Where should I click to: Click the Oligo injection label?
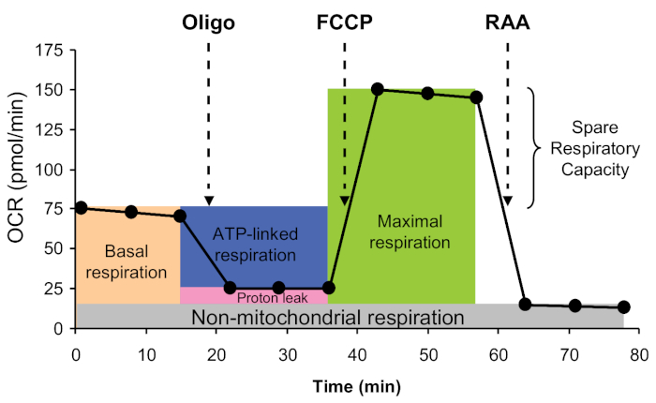208,21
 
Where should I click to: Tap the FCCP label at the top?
345,21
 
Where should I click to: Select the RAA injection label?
507,21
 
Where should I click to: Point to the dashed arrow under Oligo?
208,122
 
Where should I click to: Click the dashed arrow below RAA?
507,122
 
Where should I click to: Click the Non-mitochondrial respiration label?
328,318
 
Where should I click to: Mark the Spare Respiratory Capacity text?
592,149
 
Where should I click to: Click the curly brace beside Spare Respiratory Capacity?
535,148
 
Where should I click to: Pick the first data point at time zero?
81,208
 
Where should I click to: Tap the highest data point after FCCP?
378,89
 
